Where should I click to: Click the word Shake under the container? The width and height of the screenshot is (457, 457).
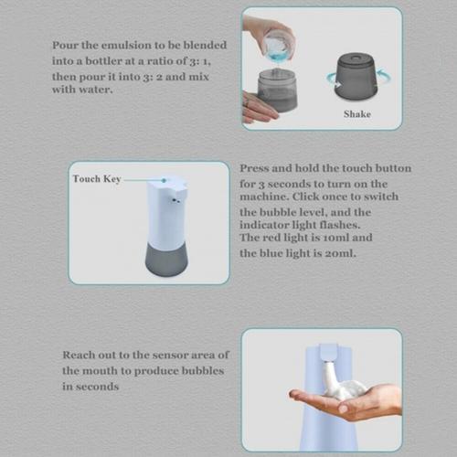coord(356,115)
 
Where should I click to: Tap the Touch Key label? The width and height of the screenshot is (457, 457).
coord(96,179)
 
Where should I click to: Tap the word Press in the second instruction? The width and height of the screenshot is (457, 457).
coord(255,169)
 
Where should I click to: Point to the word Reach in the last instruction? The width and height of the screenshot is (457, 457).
coord(79,355)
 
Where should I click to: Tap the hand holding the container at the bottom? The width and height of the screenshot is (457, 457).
coord(258,108)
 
